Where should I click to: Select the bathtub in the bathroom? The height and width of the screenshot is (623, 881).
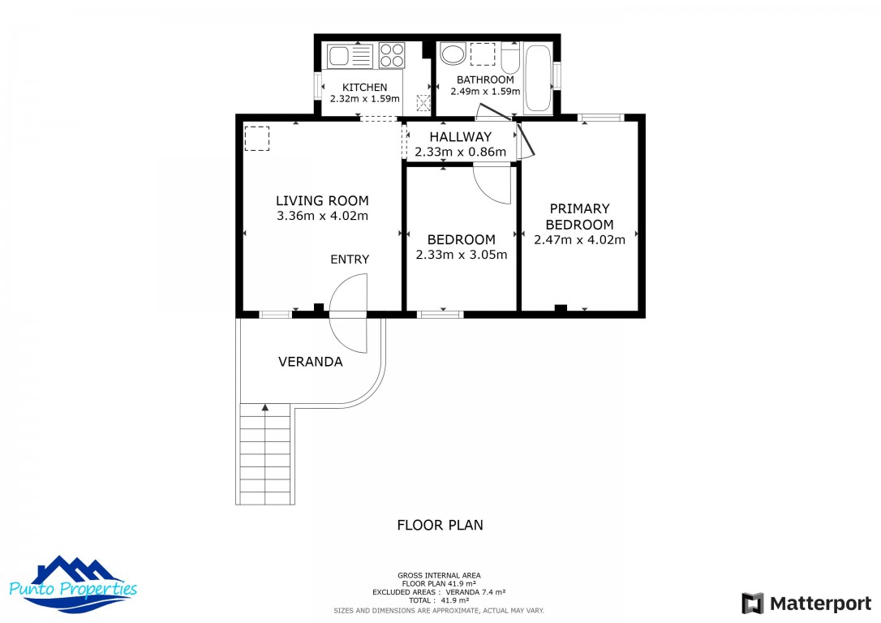coord(537,79)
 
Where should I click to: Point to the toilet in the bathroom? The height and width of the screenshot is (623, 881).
coord(509,58)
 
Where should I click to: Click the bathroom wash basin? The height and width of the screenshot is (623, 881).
coord(453,54)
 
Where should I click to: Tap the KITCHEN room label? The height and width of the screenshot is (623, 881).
coord(364,88)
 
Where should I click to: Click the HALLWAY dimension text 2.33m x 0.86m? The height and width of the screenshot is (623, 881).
coord(460,152)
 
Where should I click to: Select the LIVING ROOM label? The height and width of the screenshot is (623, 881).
coord(322,200)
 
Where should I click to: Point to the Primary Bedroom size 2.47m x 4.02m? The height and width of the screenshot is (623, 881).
coord(579,239)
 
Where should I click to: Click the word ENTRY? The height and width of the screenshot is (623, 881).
coord(350,260)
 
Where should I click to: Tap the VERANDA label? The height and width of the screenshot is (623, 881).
coord(310,362)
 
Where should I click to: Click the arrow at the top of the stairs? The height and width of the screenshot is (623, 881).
coord(264,408)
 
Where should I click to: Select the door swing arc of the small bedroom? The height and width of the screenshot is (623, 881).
coord(492,184)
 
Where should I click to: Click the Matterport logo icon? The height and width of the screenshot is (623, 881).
coord(752,604)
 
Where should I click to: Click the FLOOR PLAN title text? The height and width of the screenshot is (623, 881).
coord(440,525)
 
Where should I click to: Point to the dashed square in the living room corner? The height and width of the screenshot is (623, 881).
coord(256,139)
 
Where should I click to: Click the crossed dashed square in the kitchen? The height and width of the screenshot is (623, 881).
coord(423,102)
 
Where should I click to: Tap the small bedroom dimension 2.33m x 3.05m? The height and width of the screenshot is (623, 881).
coord(461,255)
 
